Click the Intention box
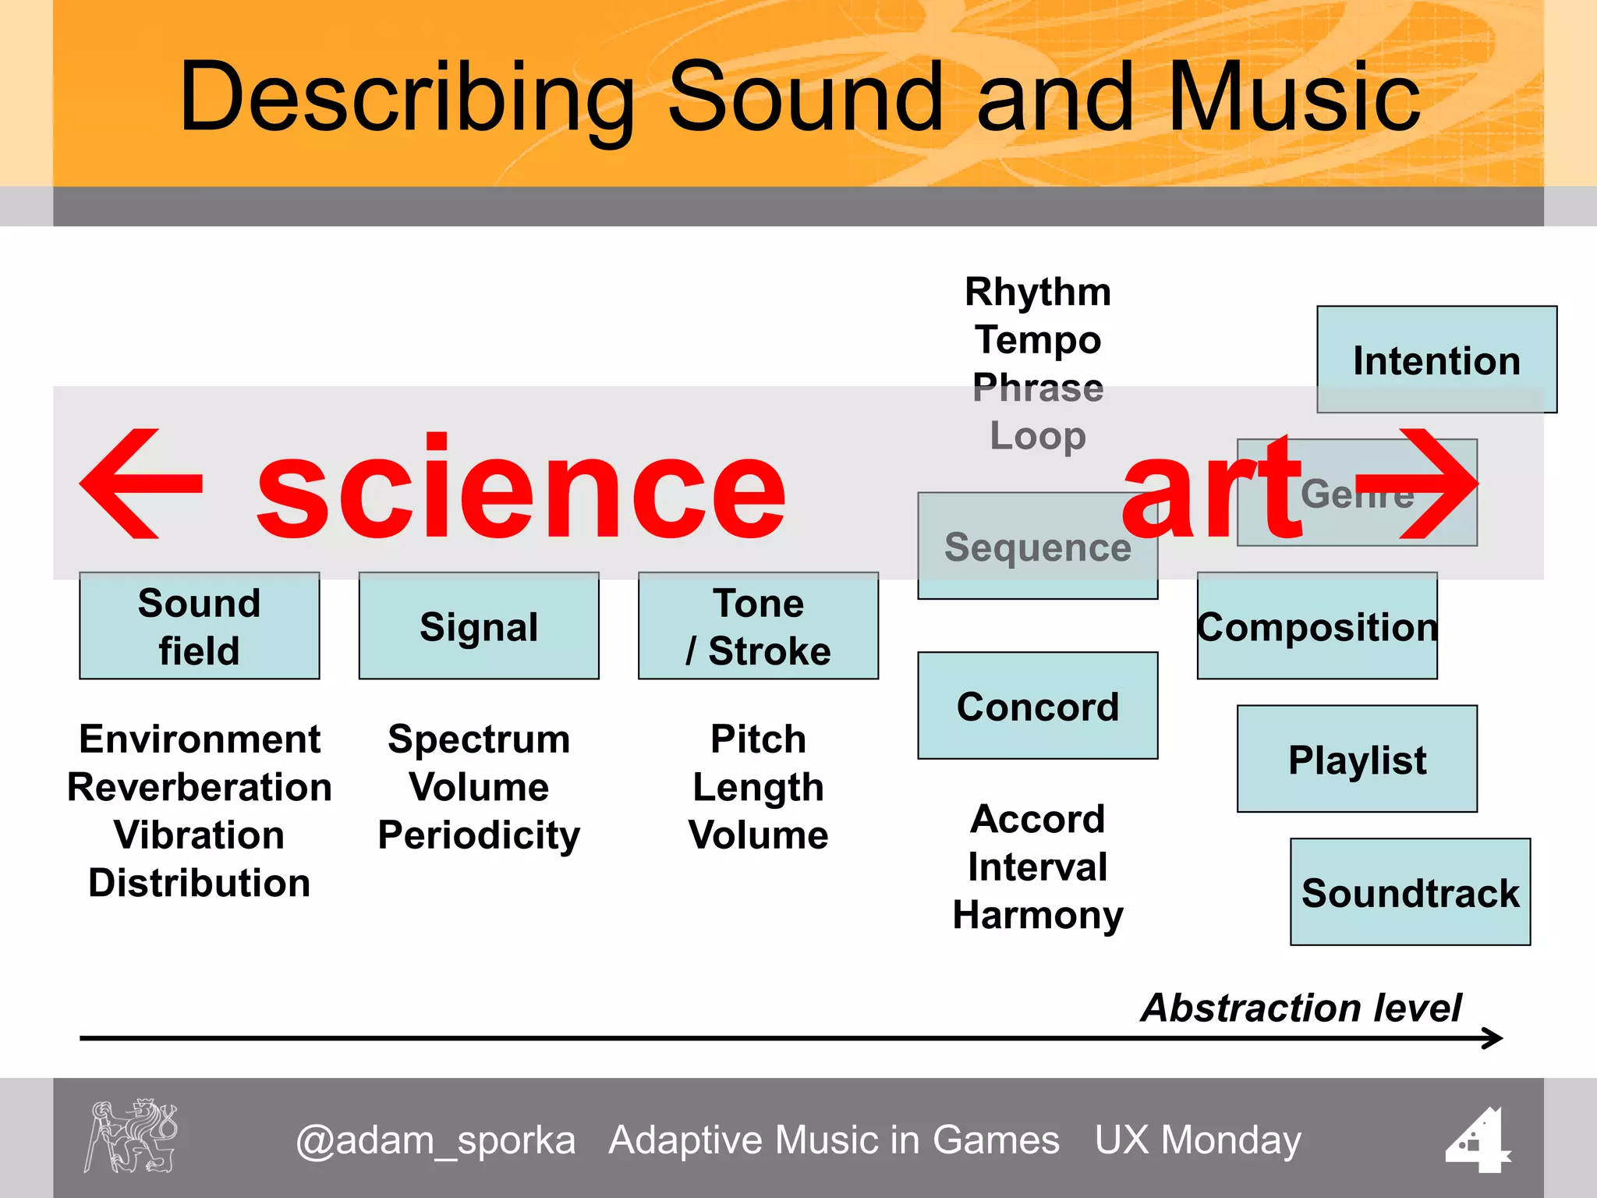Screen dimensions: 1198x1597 (x=1436, y=360)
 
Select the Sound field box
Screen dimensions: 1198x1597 (x=199, y=626)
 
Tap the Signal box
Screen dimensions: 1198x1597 (x=479, y=626)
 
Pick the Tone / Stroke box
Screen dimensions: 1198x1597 (x=758, y=626)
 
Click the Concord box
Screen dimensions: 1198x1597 (x=1037, y=706)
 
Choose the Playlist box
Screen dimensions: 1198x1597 (x=1357, y=759)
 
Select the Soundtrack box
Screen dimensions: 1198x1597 (x=1410, y=892)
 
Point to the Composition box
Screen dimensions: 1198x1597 (x=1317, y=626)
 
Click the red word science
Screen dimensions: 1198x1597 (x=521, y=487)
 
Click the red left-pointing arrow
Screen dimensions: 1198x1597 (x=140, y=484)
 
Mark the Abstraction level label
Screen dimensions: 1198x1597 (x=1301, y=1008)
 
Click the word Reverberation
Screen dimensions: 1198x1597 (x=199, y=787)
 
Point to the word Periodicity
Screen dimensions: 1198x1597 (x=479, y=835)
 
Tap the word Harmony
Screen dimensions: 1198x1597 (x=1037, y=915)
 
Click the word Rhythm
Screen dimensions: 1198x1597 (x=1037, y=292)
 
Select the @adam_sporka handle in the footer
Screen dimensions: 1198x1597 (x=435, y=1140)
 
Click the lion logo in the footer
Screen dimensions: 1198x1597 (x=131, y=1136)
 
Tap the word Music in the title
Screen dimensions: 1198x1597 (x=1294, y=97)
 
